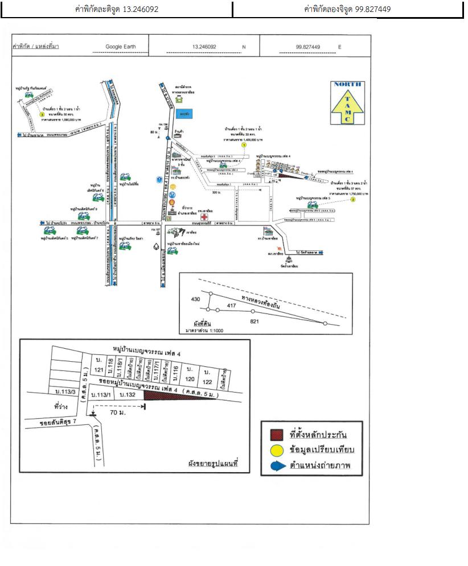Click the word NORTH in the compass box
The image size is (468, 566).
click(x=348, y=85)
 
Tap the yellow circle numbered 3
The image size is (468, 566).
click(x=42, y=114)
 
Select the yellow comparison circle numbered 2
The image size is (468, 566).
click(x=352, y=200)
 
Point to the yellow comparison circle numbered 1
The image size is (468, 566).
click(x=244, y=145)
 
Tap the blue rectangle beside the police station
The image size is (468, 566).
click(x=184, y=114)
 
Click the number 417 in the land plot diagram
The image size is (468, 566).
click(x=231, y=305)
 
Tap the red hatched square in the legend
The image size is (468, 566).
click(x=276, y=435)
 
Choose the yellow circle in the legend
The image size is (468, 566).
click(x=276, y=451)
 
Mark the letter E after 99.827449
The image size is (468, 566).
click(x=340, y=47)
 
